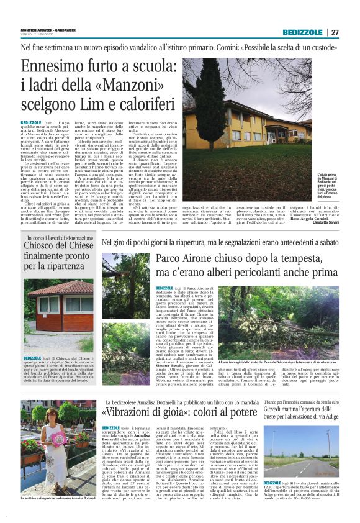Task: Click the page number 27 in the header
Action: [335, 32]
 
